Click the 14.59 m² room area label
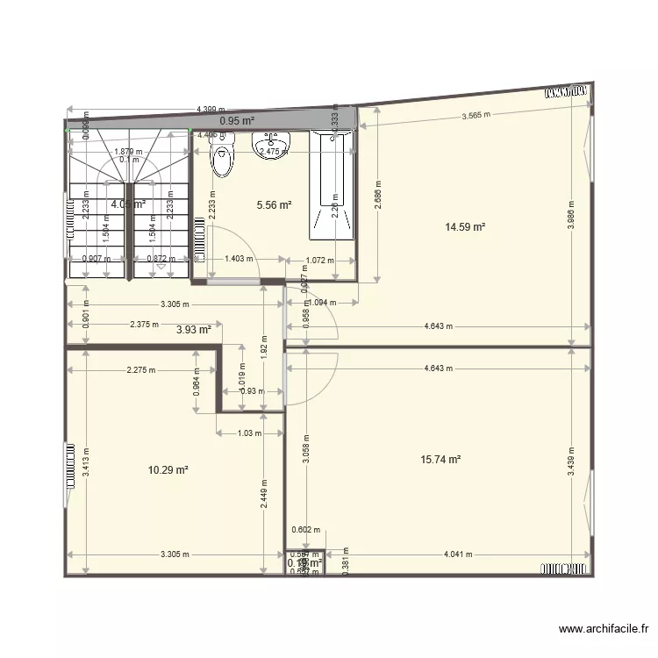tap(465, 227)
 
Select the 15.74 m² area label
tap(441, 459)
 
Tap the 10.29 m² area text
tap(168, 470)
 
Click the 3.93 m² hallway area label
tap(193, 330)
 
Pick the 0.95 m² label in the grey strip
tap(237, 121)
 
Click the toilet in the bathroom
tap(222, 160)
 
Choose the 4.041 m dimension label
tap(458, 554)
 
